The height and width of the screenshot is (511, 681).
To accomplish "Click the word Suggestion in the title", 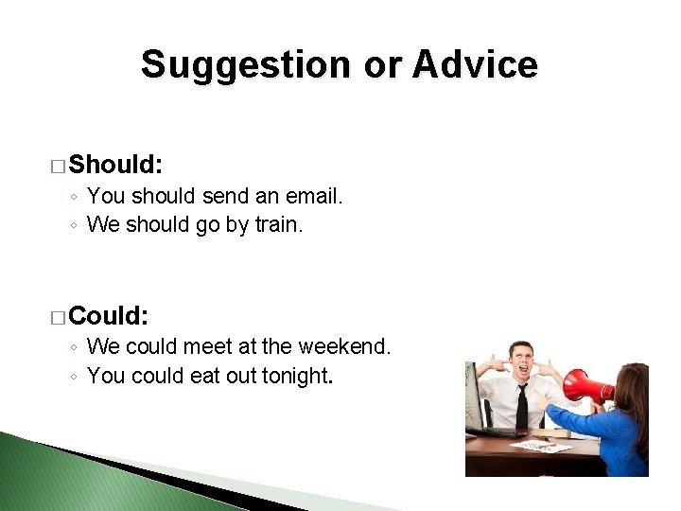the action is click(245, 66).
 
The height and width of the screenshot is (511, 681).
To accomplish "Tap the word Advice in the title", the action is click(475, 64).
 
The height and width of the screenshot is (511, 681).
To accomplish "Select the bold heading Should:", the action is click(115, 165).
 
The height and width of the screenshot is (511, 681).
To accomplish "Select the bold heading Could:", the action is click(108, 315).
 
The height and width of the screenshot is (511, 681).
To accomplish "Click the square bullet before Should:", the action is click(58, 167).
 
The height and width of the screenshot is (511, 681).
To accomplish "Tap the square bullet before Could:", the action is click(58, 318).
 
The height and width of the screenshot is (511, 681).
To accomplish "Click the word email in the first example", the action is click(314, 196).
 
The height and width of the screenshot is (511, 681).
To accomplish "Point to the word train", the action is click(279, 224).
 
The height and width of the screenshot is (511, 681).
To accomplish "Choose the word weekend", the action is click(344, 346).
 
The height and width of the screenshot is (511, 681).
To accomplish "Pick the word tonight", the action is click(298, 377).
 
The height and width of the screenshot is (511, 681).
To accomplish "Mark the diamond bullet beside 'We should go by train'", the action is click(74, 225).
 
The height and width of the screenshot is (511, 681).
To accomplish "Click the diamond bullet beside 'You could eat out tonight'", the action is click(74, 377).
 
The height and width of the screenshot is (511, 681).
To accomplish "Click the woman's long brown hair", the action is click(634, 404).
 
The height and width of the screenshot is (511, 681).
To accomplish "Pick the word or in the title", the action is click(382, 66).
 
